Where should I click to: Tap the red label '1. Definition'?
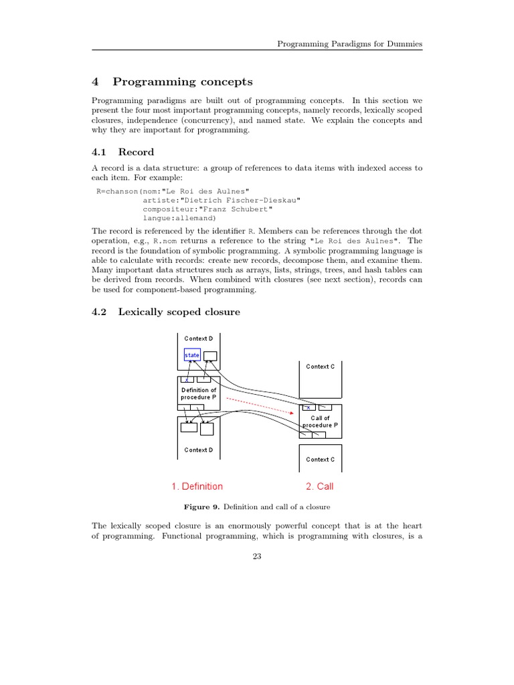[x=197, y=486]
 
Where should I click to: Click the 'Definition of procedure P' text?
[x=199, y=393]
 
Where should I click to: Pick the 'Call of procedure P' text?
[x=321, y=421]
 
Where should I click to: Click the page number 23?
[x=257, y=559]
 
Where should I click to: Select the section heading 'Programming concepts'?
[x=183, y=82]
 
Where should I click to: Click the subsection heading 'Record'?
[x=136, y=152]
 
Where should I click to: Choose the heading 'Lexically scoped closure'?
[x=179, y=312]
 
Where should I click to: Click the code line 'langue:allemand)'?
[x=179, y=218]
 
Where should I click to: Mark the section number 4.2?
[x=99, y=312]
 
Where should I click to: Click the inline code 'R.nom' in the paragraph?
[x=164, y=241]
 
